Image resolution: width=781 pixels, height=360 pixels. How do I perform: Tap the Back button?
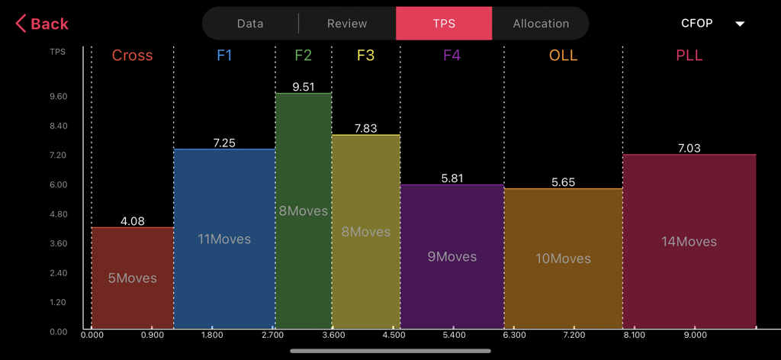coord(43,24)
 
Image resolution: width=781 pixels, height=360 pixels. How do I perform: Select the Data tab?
coord(250,24)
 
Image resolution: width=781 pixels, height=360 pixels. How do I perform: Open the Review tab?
coord(347,24)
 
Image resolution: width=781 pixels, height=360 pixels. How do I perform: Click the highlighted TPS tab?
coord(444,24)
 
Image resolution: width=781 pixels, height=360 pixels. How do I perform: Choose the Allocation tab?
coord(541,24)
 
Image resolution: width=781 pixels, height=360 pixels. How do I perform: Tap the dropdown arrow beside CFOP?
coord(739,24)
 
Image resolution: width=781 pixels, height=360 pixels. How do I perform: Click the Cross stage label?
coord(132,56)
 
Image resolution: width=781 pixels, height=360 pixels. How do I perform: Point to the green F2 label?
coord(303,56)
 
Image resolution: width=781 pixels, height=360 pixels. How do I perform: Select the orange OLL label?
coord(563,56)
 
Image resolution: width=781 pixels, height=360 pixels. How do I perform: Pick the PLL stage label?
coord(689,56)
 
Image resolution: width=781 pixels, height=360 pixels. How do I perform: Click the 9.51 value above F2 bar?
coord(303,87)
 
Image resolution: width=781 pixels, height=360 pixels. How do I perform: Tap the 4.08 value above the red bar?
coord(132,221)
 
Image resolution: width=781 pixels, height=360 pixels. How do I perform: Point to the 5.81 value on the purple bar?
coord(452,178)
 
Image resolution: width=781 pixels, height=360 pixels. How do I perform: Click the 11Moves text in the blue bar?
coord(224,239)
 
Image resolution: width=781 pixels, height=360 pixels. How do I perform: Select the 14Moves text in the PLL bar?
coord(689,242)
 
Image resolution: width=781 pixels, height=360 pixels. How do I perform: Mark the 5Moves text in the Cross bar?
coord(132,278)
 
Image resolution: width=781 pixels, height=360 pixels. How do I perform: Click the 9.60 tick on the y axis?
coord(59,97)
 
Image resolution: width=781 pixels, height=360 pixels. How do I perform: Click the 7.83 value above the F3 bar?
coord(365,129)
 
